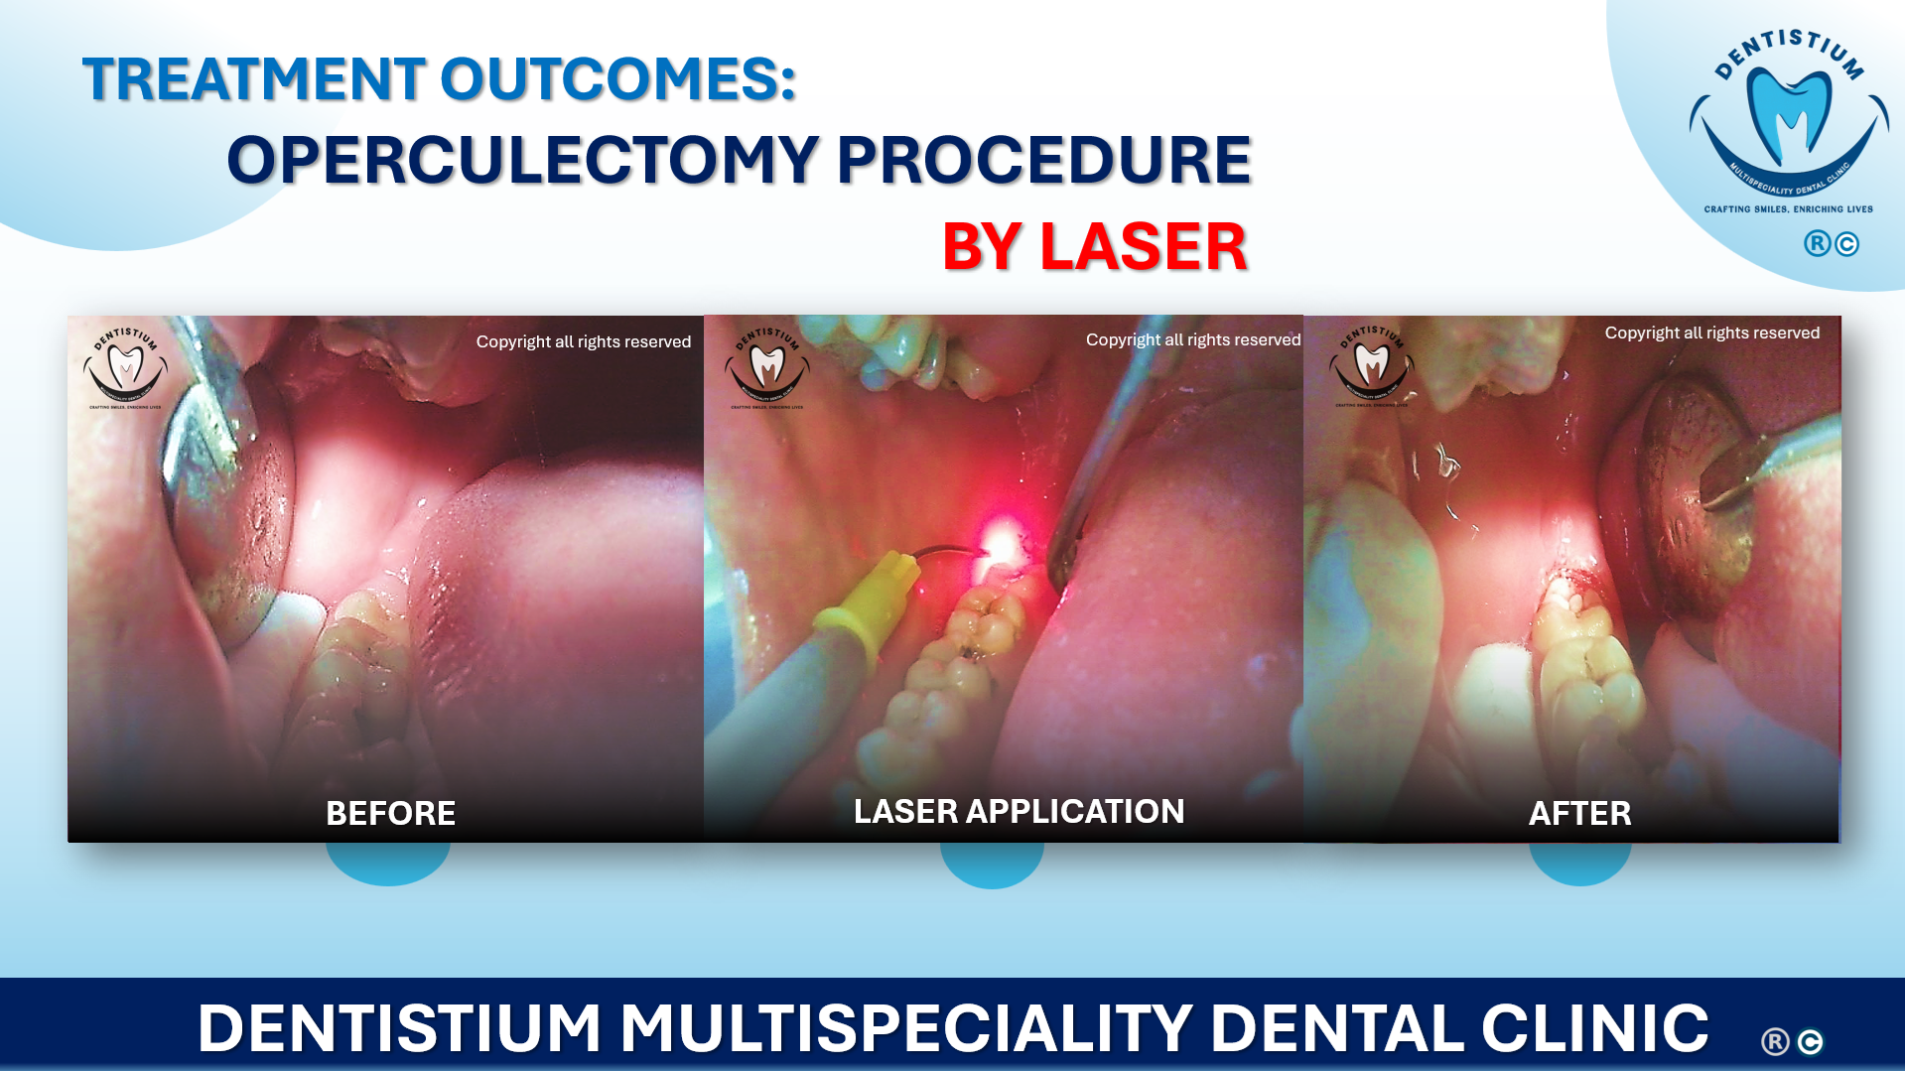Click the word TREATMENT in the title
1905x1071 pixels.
tap(254, 79)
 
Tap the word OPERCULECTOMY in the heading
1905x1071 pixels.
tap(522, 160)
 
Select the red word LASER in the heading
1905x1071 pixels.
tap(1143, 247)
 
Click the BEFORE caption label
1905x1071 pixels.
tap(390, 813)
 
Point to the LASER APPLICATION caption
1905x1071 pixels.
tap(1019, 811)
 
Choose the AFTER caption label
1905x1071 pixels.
tap(1579, 813)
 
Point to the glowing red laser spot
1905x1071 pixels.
tap(1002, 542)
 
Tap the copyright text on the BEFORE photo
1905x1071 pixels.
tap(583, 341)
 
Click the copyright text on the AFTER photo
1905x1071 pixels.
tap(1711, 333)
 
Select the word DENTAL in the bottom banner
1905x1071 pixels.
tap(1335, 1027)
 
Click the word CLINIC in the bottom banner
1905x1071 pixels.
tap(1595, 1027)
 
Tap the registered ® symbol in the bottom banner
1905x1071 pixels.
tap(1775, 1041)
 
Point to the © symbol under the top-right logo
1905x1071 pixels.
tap(1846, 244)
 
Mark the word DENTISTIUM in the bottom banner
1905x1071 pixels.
tap(399, 1027)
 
